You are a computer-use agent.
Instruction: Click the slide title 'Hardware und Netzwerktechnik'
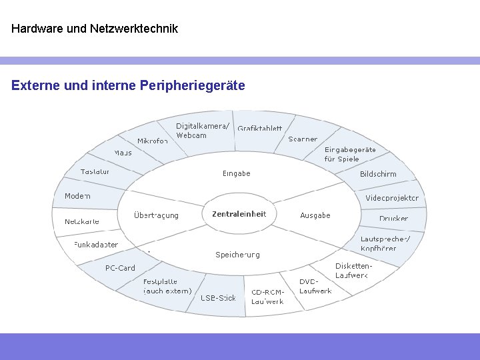pyautogui.click(x=95, y=29)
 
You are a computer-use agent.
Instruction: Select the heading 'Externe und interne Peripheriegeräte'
pyautogui.click(x=128, y=85)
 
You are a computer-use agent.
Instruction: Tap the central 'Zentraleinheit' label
pyautogui.click(x=239, y=214)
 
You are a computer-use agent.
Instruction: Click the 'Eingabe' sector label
pyautogui.click(x=237, y=173)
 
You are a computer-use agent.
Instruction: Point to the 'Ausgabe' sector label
pyautogui.click(x=315, y=215)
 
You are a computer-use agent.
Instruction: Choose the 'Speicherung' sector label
pyautogui.click(x=237, y=255)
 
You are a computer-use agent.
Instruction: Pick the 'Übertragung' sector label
pyautogui.click(x=156, y=215)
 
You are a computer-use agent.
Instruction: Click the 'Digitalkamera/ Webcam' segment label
pyautogui.click(x=202, y=131)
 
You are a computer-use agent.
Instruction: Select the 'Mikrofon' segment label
pyautogui.click(x=152, y=141)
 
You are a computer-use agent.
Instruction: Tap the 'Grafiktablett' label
pyautogui.click(x=260, y=128)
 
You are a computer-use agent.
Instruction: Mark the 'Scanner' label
pyautogui.click(x=303, y=139)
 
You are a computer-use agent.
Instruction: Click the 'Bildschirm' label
pyautogui.click(x=378, y=174)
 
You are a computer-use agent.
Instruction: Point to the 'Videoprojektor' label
pyautogui.click(x=392, y=198)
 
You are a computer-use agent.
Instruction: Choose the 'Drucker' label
pyautogui.click(x=393, y=219)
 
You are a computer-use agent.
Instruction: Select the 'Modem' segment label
pyautogui.click(x=77, y=196)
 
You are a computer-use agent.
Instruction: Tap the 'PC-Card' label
pyautogui.click(x=120, y=268)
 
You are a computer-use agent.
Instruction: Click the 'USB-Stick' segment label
pyautogui.click(x=219, y=298)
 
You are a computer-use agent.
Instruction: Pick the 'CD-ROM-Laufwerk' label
pyautogui.click(x=267, y=297)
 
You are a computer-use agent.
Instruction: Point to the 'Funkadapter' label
pyautogui.click(x=96, y=245)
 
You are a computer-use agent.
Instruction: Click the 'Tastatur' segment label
pyautogui.click(x=95, y=171)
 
